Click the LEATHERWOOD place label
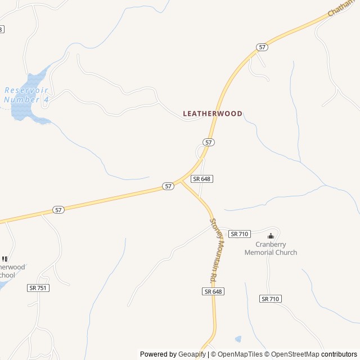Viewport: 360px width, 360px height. point(213,114)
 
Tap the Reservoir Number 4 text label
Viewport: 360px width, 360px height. point(26,94)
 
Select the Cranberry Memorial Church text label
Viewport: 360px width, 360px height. point(271,249)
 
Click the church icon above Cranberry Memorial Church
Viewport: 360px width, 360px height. point(271,236)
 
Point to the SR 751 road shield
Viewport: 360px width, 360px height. point(38,287)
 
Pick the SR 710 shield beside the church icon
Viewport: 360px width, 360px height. point(239,234)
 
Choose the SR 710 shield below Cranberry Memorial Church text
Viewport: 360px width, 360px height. point(271,299)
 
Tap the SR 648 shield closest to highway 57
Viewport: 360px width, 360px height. point(201,179)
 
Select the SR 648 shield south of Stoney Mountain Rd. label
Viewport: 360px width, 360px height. point(214,291)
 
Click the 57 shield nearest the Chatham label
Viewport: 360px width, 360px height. point(262,47)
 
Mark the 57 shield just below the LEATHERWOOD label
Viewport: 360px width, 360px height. point(209,142)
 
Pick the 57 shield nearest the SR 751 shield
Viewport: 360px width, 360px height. point(58,210)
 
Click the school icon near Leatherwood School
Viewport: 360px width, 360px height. point(5,259)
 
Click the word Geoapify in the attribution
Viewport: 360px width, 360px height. point(192,354)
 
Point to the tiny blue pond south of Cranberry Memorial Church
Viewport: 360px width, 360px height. point(238,339)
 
